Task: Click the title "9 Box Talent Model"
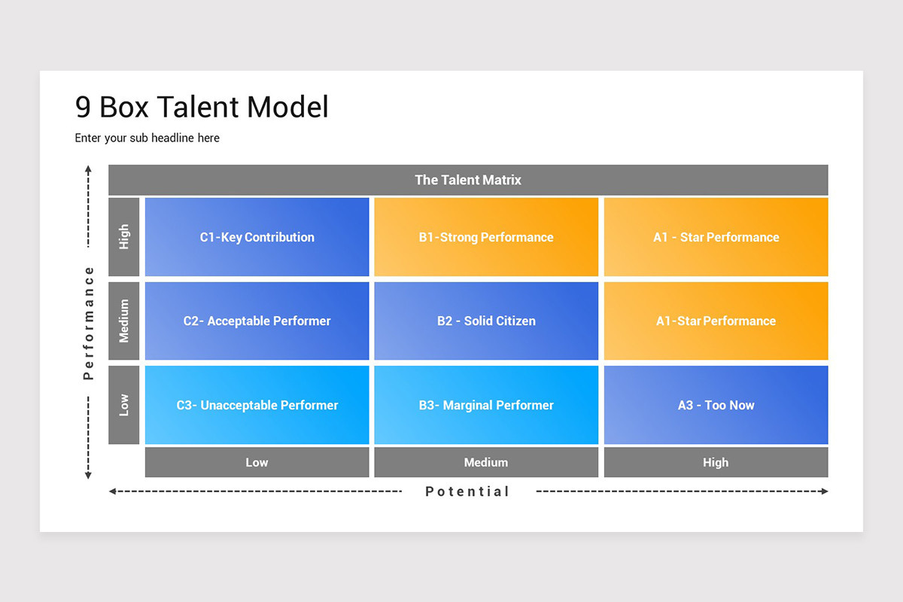(x=202, y=108)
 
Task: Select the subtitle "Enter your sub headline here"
(x=147, y=138)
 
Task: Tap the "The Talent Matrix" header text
(x=467, y=180)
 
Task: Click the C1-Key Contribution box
(x=257, y=237)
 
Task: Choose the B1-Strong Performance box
(x=486, y=237)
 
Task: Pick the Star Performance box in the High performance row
(x=716, y=237)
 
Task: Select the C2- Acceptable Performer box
(x=257, y=321)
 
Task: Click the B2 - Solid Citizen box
(x=486, y=321)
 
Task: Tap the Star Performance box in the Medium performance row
(x=716, y=321)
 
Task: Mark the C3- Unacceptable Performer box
(x=257, y=405)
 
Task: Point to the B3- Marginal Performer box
(x=486, y=405)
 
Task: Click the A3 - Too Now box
(x=716, y=405)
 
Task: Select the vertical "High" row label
(x=124, y=237)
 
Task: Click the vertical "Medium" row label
(x=124, y=321)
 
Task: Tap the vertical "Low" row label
(x=124, y=405)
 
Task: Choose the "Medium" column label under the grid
(x=486, y=462)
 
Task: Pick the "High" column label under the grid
(x=716, y=462)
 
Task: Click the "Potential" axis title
(x=467, y=491)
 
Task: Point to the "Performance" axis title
(x=89, y=322)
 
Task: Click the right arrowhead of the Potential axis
(x=825, y=491)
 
